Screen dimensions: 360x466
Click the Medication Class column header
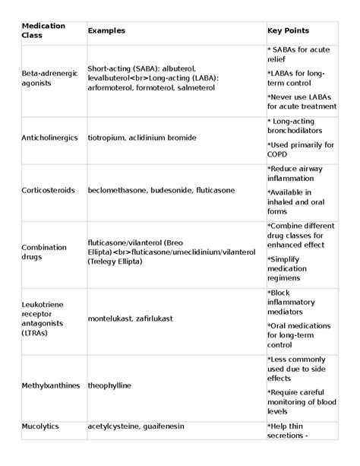[43, 30]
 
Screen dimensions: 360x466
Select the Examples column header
[106, 30]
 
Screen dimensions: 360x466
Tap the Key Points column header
[288, 30]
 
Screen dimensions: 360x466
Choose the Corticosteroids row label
[48, 190]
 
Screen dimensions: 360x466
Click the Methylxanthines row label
[52, 385]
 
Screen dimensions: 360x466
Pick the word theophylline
[110, 385]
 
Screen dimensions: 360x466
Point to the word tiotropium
[109, 138]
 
